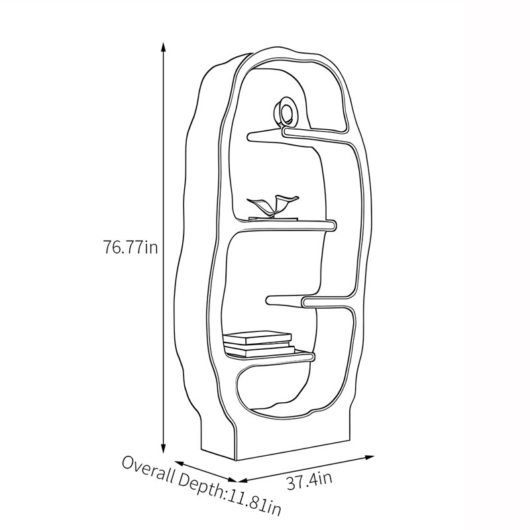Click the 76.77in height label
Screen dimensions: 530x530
coord(130,247)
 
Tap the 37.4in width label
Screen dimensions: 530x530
coord(309,481)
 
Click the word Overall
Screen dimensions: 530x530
coord(148,468)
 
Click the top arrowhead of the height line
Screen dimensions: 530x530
coord(163,47)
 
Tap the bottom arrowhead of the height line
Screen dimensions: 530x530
coord(163,449)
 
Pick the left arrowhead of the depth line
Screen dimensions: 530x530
coord(179,462)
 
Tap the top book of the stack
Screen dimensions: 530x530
coord(258,337)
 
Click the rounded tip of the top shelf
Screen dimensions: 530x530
coord(251,136)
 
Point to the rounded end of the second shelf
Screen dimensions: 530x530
coord(333,225)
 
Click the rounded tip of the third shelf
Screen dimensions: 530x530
coord(270,300)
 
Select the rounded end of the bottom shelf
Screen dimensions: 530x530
coord(311,356)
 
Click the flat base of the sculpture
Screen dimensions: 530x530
coord(273,219)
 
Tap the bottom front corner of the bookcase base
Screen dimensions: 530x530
coord(236,460)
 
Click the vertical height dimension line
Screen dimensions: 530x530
coord(163,248)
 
